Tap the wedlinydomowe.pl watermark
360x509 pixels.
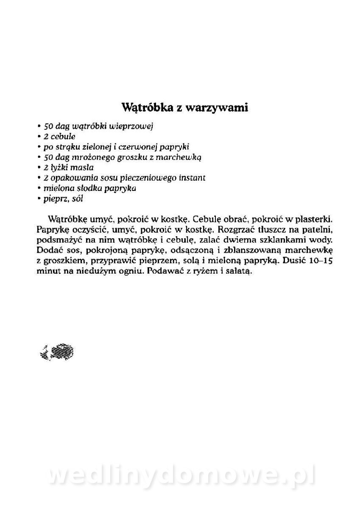(x=180, y=477)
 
